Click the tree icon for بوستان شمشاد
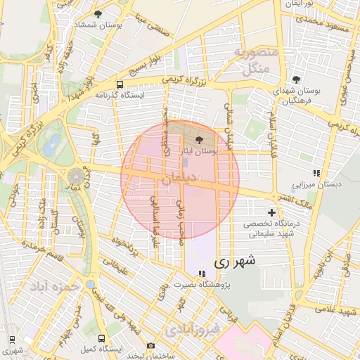[x=98, y=14]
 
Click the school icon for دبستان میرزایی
[x=316, y=173]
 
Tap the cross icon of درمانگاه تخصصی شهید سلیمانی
[x=271, y=212]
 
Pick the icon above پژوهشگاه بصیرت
[x=202, y=274]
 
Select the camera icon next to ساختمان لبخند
[x=150, y=345]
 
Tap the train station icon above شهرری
[x=11, y=337]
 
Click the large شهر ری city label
[x=233, y=261]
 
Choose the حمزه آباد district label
[x=51, y=288]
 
